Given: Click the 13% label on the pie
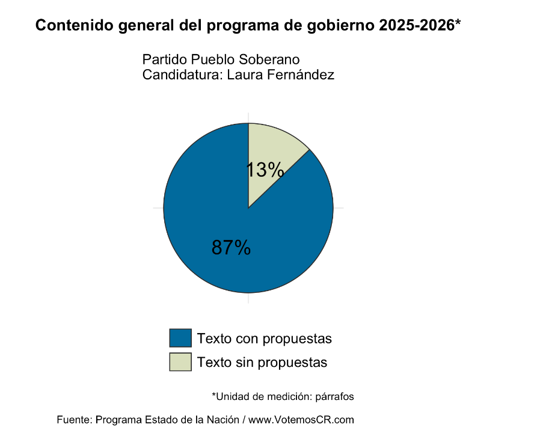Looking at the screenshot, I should coord(265,170).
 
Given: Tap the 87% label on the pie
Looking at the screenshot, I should coord(231,247).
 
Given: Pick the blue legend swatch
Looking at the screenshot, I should coord(180,338).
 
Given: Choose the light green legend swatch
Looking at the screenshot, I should coord(180,362).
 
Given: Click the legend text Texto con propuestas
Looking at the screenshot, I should coord(265,339).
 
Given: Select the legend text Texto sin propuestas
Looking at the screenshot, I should coord(262,363).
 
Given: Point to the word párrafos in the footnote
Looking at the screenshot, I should coord(333,397).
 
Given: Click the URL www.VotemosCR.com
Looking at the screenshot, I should coord(301,420).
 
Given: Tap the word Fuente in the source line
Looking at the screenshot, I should coord(74,420).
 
